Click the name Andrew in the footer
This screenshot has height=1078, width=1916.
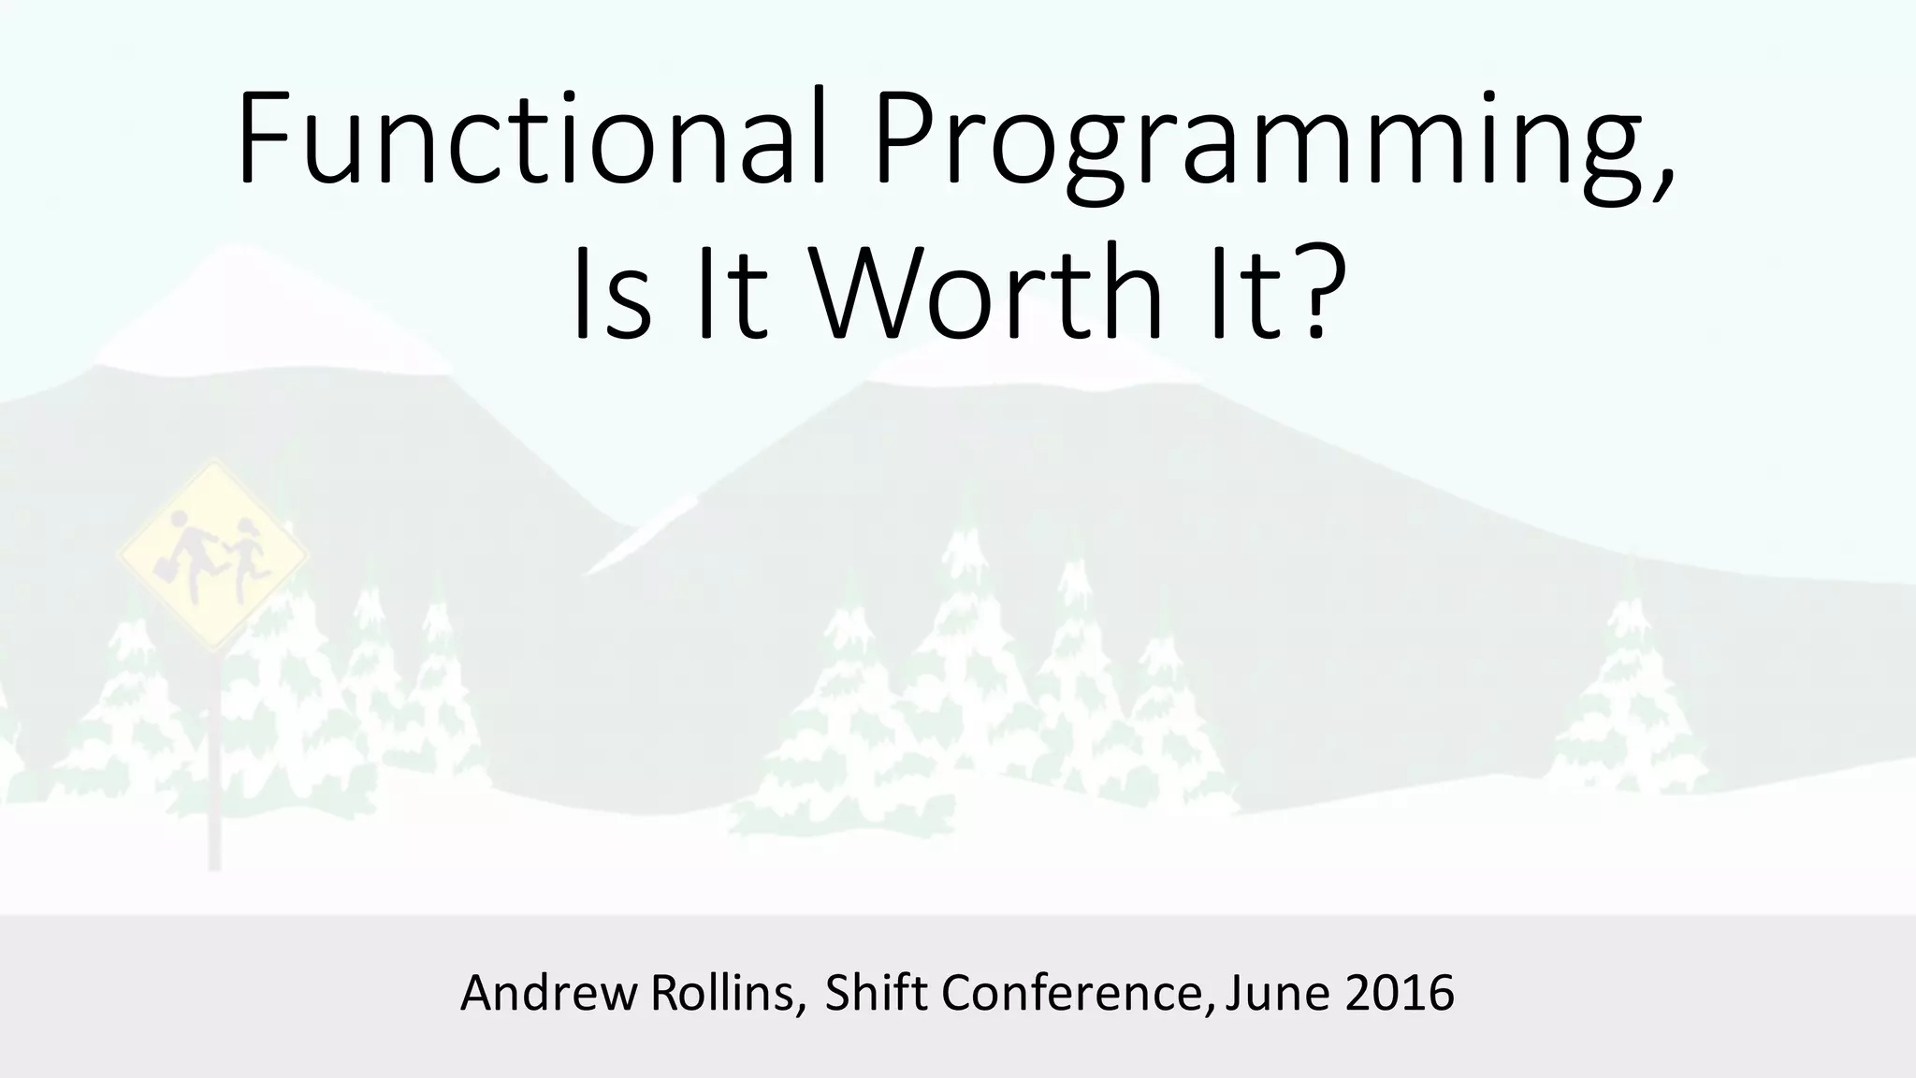(x=548, y=993)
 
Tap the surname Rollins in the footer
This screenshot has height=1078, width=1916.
(x=725, y=993)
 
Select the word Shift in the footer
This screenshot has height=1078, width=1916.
(x=878, y=993)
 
